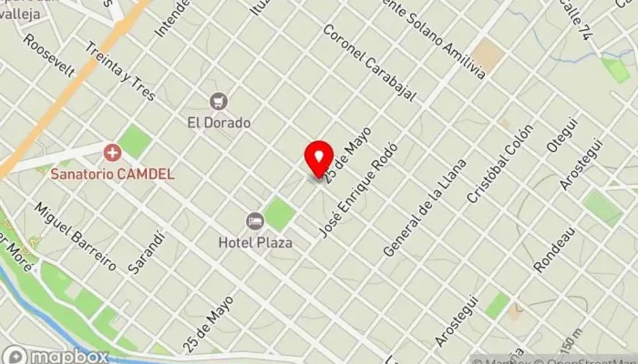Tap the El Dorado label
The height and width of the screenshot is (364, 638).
coord(219,122)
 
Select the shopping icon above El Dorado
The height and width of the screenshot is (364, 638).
coord(219,100)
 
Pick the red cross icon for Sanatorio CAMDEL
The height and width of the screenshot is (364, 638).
coord(112,153)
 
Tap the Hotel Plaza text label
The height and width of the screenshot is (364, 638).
coord(255,242)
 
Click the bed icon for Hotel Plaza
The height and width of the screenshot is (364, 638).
coord(255,221)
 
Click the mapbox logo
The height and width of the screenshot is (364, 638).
coord(55,355)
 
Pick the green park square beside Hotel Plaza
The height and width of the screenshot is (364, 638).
coord(280,215)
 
